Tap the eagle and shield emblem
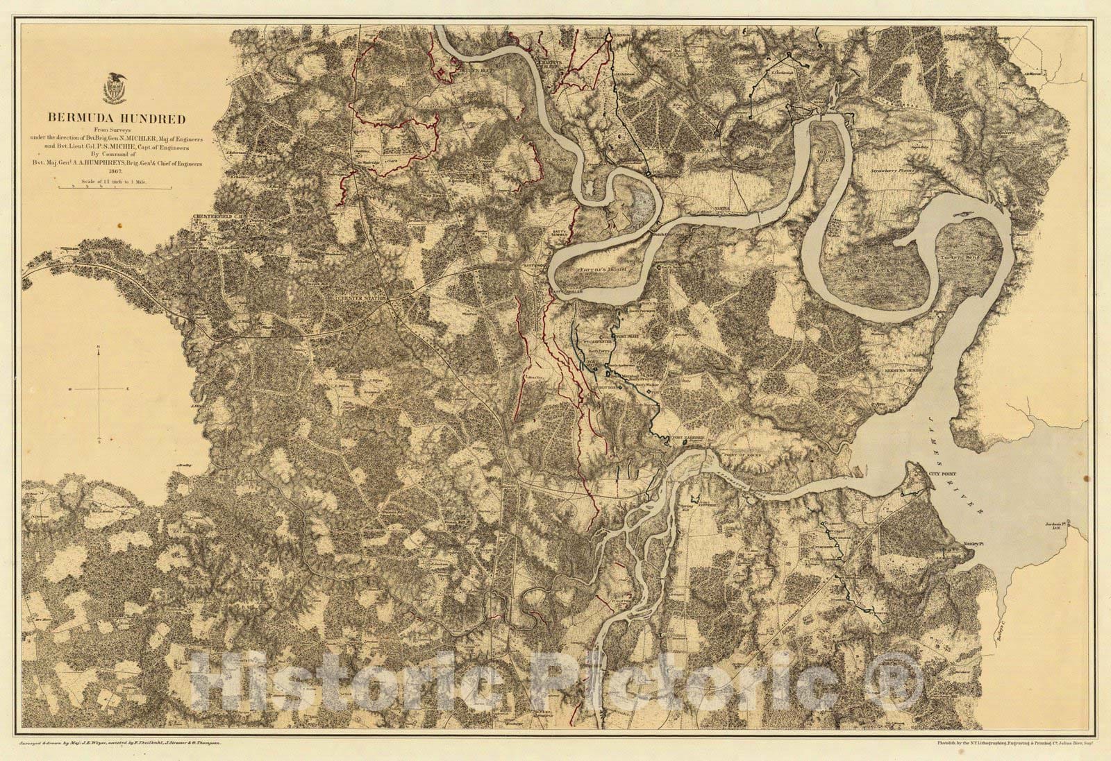pos(115,86)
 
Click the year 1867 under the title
pos(115,173)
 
